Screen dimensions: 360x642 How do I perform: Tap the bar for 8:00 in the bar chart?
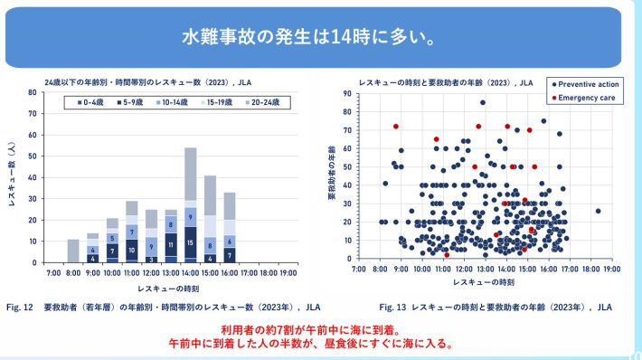(73, 251)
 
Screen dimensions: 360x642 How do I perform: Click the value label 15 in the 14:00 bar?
(190, 243)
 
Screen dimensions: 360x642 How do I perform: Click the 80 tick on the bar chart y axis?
(33, 92)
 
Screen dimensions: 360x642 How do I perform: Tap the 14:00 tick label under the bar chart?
(190, 271)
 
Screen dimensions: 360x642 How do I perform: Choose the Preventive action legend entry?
(585, 83)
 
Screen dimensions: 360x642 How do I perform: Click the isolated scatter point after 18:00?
(598, 211)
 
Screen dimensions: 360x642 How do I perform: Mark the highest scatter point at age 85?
(483, 102)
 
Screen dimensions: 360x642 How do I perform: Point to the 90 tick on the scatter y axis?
(347, 93)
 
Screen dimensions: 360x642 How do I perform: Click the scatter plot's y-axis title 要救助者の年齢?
(332, 175)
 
